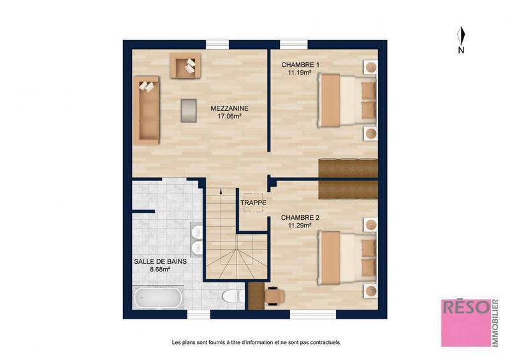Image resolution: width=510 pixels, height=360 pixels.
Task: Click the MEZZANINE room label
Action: [229, 108]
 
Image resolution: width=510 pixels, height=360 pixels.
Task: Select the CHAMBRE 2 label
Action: [300, 217]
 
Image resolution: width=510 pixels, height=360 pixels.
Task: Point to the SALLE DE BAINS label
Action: [156, 261]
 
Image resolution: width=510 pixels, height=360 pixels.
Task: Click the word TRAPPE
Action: [253, 203]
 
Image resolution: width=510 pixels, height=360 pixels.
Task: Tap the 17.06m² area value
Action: [229, 117]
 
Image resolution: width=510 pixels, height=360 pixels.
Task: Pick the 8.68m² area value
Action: [156, 270]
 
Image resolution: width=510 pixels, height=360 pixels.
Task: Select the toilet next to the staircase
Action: [231, 296]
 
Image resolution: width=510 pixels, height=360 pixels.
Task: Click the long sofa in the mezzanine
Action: [146, 108]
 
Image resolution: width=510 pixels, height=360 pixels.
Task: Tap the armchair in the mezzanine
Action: [184, 66]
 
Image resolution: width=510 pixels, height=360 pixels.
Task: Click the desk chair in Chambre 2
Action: [274, 295]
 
